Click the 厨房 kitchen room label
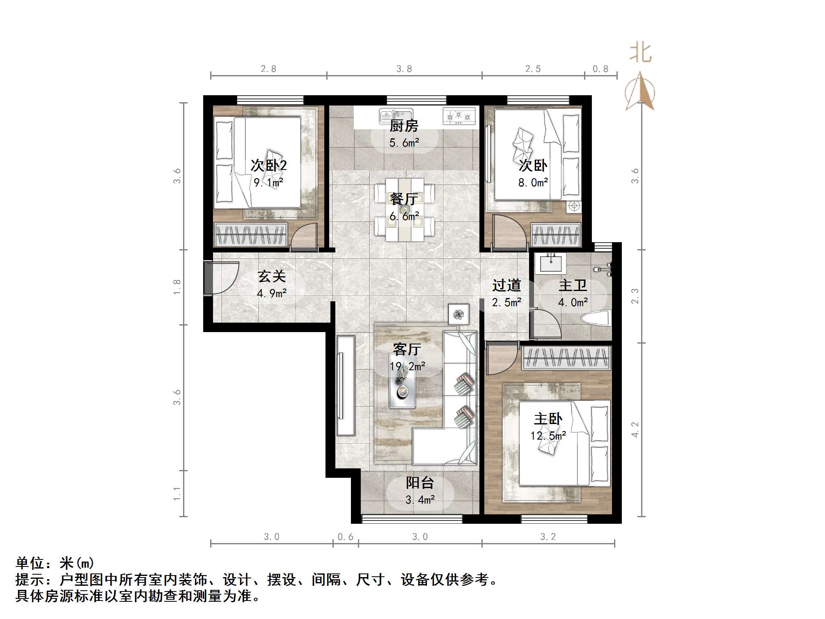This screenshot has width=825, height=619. click(404, 126)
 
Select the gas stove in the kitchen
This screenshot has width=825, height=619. click(458, 117)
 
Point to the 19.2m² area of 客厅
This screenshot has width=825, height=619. click(407, 366)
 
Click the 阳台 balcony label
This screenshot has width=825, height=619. click(419, 483)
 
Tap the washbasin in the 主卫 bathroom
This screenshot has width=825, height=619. click(551, 263)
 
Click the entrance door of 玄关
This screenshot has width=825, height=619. click(209, 278)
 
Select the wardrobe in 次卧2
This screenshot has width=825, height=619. click(251, 235)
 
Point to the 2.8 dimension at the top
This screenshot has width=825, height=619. click(268, 69)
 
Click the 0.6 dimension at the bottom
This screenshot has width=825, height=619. click(345, 537)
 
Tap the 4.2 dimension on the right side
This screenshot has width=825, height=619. click(635, 429)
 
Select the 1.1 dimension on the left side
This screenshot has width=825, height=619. click(176, 493)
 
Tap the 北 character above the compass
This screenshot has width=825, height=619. click(640, 53)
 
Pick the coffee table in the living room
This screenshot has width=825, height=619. click(402, 386)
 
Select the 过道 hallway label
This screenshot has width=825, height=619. click(506, 285)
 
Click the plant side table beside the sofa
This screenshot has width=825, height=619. click(458, 314)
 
